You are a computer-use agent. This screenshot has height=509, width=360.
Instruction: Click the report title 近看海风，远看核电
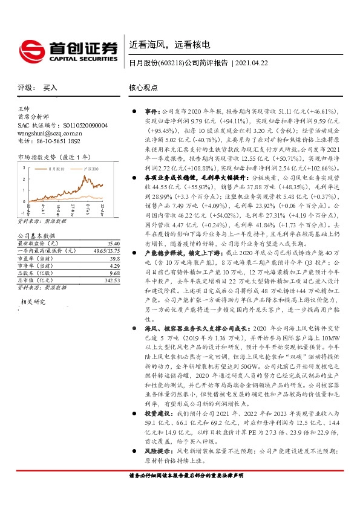[x=169, y=44]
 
